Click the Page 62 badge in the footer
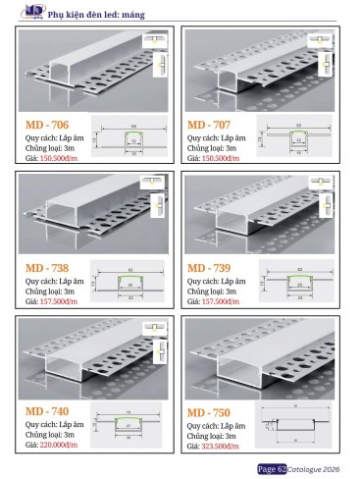coord(272,469)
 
